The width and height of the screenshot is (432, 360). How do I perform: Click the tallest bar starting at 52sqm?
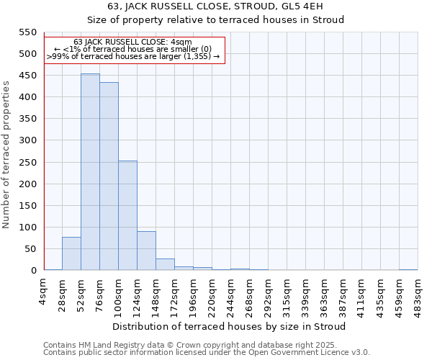click(x=90, y=172)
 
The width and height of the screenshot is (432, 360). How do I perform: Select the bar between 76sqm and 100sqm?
click(x=109, y=176)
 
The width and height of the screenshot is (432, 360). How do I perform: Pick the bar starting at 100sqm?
click(x=127, y=215)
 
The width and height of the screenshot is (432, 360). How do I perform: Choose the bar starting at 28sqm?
click(x=71, y=253)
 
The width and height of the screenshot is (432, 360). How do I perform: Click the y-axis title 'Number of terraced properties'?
click(x=7, y=155)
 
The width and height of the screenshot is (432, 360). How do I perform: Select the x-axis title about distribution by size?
click(x=230, y=327)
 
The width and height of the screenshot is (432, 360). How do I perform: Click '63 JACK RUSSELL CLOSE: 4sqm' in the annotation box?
click(x=133, y=42)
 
